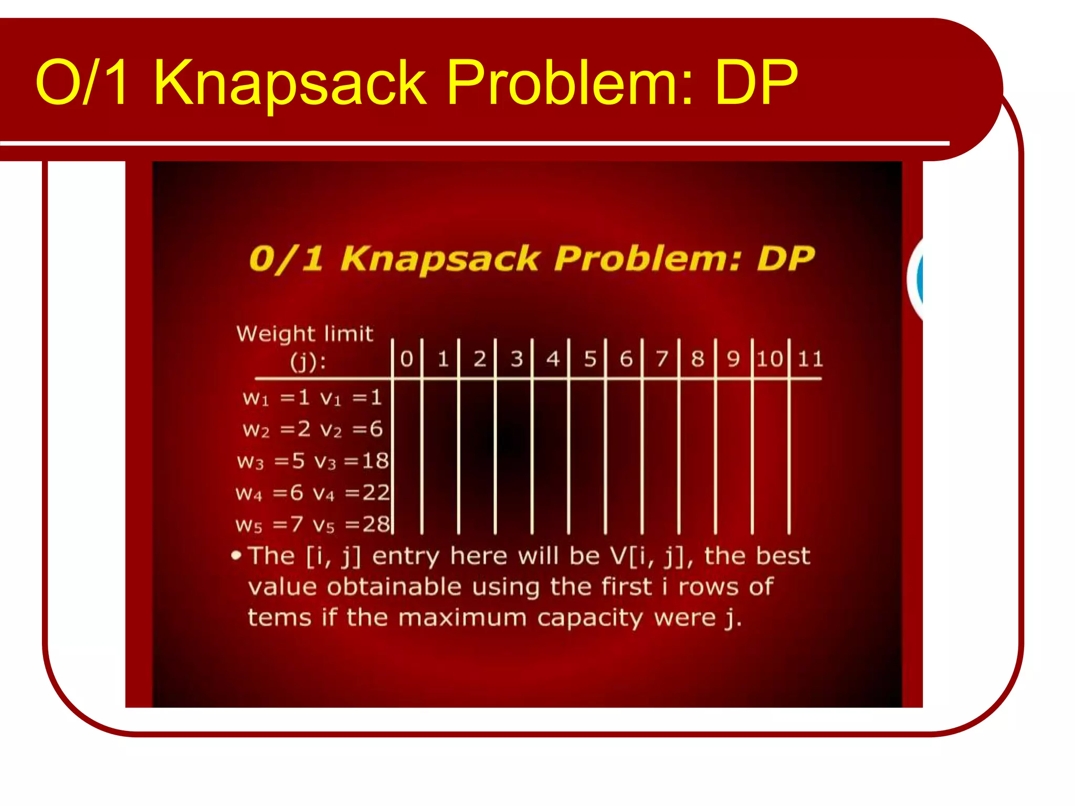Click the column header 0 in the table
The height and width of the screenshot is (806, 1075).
tap(407, 359)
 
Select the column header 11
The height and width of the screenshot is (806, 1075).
tap(810, 359)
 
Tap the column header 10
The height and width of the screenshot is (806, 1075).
tap(770, 359)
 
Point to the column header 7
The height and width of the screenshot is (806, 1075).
tap(662, 359)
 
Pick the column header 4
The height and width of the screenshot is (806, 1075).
tap(553, 359)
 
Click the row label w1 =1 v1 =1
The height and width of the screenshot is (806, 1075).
tap(312, 398)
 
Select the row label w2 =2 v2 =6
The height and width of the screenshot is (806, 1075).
tap(312, 430)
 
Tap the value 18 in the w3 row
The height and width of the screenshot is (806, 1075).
tap(375, 461)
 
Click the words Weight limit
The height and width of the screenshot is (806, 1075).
tap(304, 334)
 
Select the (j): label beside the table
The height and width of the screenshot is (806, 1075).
tap(308, 362)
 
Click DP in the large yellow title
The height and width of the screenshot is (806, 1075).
tap(756, 83)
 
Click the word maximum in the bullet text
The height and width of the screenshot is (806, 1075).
tap(462, 618)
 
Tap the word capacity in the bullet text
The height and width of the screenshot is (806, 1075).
tap(589, 618)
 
